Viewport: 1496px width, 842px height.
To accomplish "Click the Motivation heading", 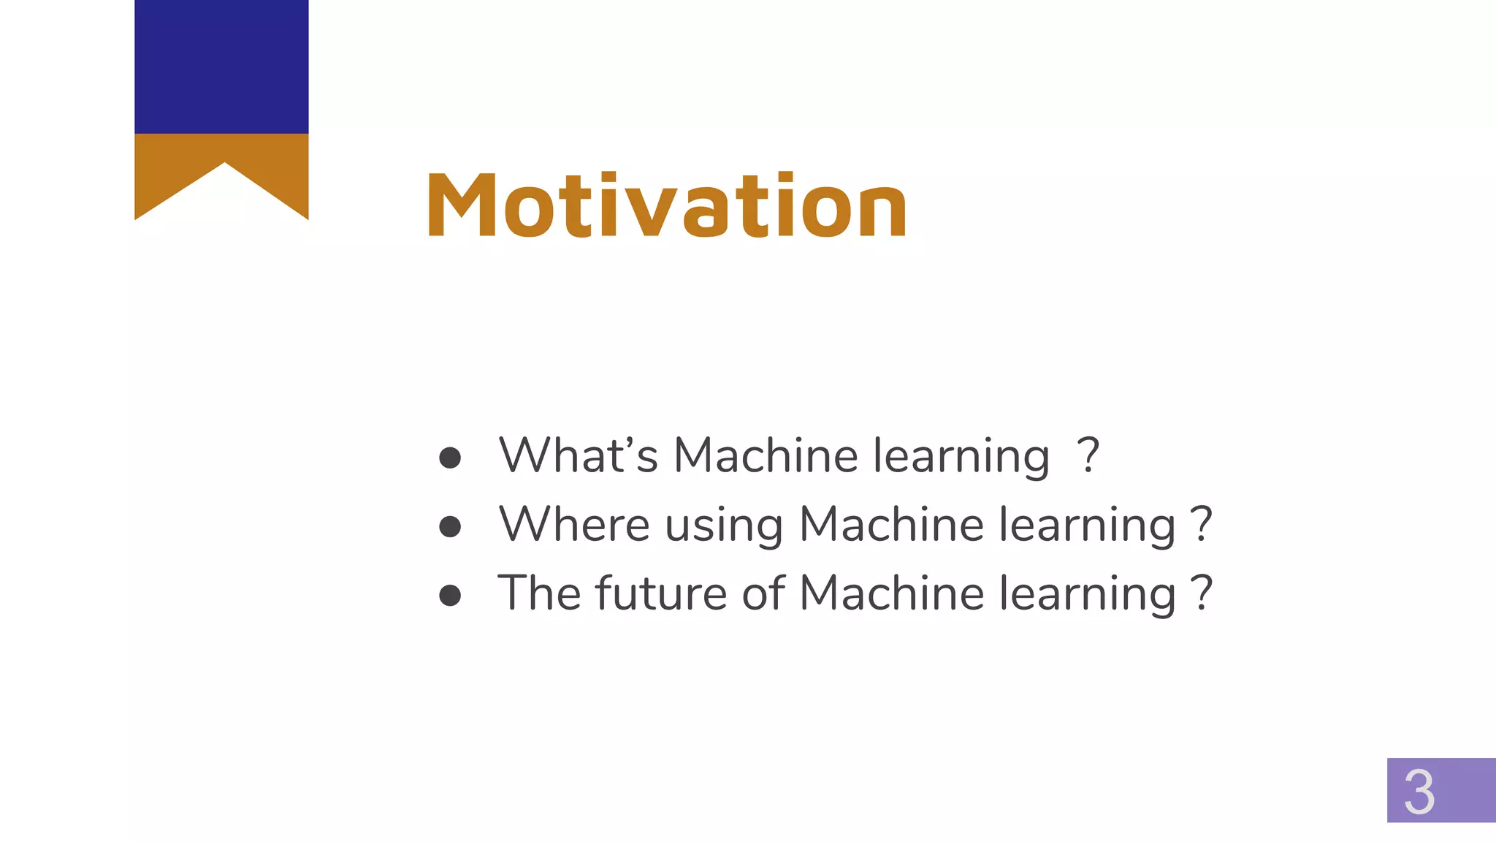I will [666, 205].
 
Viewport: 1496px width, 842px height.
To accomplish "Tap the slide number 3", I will [1419, 792].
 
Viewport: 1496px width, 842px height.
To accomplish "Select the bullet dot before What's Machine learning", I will [450, 458].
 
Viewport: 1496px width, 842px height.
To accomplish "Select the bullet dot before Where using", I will [450, 526].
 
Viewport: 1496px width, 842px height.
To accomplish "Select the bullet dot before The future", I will [450, 595].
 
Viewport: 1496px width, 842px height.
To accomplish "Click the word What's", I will [578, 455].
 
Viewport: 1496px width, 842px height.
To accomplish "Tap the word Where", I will [573, 524].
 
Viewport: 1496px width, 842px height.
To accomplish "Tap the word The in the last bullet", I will [539, 593].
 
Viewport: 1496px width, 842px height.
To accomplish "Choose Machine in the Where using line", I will [891, 524].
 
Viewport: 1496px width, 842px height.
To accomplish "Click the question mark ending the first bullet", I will [1088, 456].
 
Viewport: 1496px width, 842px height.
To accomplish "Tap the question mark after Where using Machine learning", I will [1202, 525].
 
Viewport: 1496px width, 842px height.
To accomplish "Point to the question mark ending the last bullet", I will [1202, 593].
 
